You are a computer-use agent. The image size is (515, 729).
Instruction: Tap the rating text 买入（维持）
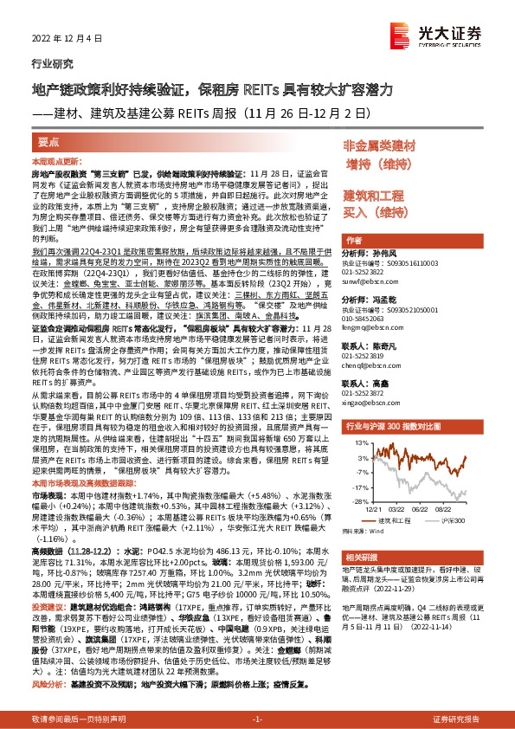pyautogui.click(x=375, y=212)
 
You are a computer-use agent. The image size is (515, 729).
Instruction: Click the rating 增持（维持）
pyautogui.click(x=379, y=164)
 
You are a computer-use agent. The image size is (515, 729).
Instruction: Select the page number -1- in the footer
pyautogui.click(x=257, y=719)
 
